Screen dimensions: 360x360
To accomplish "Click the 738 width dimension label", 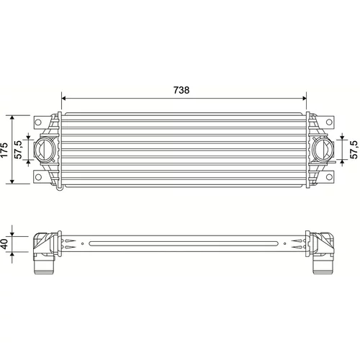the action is tap(181, 90).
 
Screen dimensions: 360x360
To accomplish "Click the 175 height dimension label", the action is tap(4, 150).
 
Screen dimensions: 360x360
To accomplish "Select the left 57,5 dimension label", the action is tap(18, 150).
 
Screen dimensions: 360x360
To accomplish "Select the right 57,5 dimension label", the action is tap(354, 150).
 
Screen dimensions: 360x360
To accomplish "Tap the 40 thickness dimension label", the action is tap(4, 243).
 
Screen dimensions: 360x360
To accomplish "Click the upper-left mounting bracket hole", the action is tap(38, 122).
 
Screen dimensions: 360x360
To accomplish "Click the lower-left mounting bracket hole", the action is tap(38, 177).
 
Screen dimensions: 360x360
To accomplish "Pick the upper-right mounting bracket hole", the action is tap(329, 122).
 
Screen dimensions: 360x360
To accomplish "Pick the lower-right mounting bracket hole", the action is tap(329, 177).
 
